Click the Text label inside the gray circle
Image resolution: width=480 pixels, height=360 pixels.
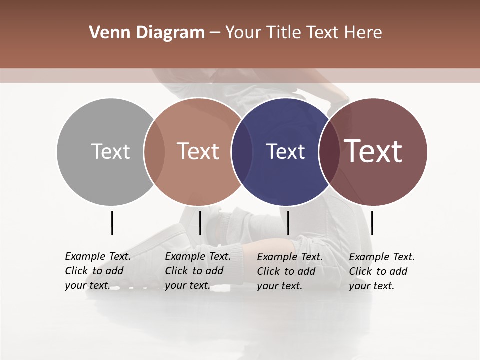tap(111, 151)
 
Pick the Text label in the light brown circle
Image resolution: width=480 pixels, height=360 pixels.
tap(198, 151)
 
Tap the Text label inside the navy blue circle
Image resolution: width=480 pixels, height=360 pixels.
tap(286, 151)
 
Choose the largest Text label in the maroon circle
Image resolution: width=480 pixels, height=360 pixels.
tap(373, 151)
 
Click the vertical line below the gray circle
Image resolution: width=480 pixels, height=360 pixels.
tap(112, 223)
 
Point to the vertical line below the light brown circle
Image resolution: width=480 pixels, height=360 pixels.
tap(200, 223)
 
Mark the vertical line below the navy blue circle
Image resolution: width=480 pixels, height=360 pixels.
tap(288, 223)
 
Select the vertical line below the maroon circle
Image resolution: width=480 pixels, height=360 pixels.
tap(372, 223)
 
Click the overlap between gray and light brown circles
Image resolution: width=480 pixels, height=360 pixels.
tap(154, 151)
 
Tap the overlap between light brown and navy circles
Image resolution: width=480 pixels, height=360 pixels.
tap(242, 151)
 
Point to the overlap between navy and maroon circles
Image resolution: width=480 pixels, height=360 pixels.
tap(329, 151)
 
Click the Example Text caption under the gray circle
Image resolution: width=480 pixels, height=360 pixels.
tap(97, 271)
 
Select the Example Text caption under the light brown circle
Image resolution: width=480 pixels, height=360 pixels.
tap(197, 271)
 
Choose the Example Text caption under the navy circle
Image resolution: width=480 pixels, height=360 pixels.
tap(289, 271)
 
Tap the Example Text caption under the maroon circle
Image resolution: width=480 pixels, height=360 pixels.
tap(381, 271)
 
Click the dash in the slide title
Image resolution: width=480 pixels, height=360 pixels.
tap(215, 33)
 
